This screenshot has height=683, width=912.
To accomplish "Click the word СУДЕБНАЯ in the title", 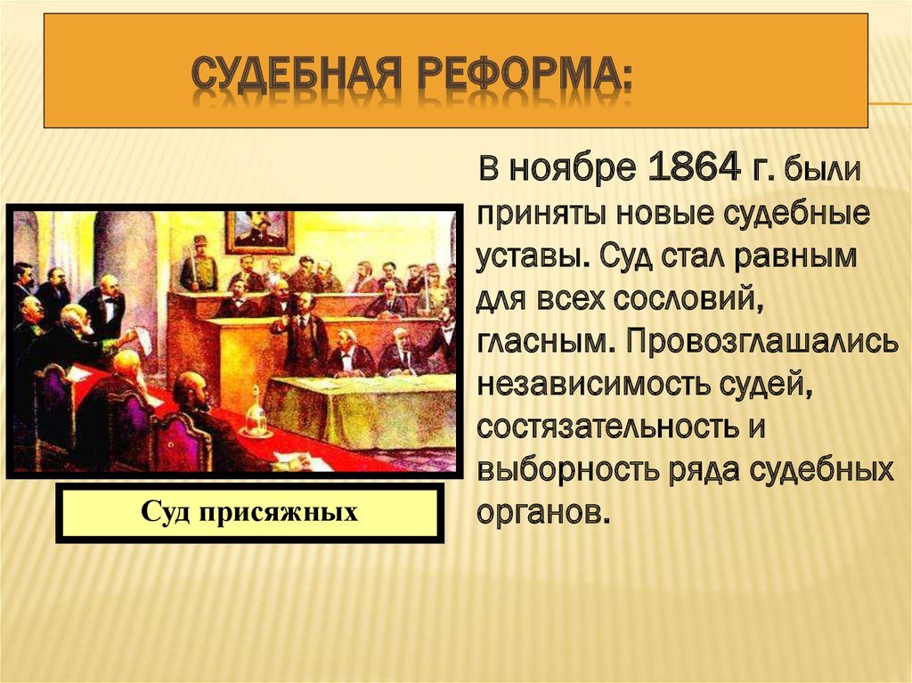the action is (295, 75).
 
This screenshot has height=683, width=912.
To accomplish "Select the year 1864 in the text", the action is (693, 168).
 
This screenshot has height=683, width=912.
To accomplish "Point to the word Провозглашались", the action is (762, 342).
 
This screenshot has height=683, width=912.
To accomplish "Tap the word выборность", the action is (563, 470).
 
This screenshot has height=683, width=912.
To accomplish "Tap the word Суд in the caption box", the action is (165, 513).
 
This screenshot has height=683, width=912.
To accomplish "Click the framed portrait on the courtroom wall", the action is (260, 232).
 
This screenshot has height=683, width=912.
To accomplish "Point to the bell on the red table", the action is (256, 412).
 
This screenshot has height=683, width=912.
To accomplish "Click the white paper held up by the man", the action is (142, 339).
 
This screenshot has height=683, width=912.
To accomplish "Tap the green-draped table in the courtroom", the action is (360, 411).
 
